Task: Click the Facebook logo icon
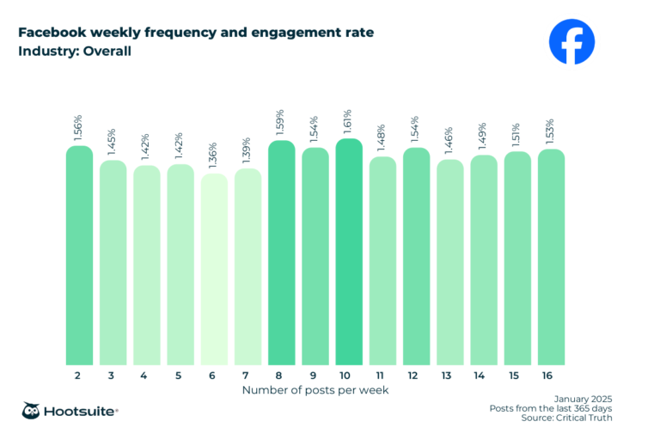(x=571, y=41)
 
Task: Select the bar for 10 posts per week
(x=349, y=254)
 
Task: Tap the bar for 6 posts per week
(x=214, y=271)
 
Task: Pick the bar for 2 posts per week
(x=79, y=256)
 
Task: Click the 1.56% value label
(x=79, y=128)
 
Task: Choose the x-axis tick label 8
(x=281, y=376)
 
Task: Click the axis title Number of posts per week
(x=315, y=390)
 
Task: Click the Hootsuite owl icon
(x=32, y=411)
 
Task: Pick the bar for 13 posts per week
(x=449, y=263)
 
